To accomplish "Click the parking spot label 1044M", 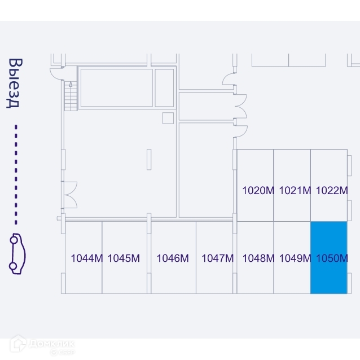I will coord(86,258).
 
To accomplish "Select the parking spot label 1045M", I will coord(124,258).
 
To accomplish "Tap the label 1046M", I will coord(173,258).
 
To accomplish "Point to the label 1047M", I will coord(217,258).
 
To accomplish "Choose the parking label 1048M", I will coord(258,258).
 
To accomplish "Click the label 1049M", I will coord(295,258).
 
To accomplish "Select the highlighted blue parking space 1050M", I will coord(328,257).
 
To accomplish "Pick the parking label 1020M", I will coord(258,190).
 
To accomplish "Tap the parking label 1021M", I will coord(295,190).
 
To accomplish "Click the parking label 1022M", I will coord(332,190).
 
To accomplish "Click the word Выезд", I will coord(15,83).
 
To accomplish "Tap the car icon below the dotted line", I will coord(16,254).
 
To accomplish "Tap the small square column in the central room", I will coord(168,117).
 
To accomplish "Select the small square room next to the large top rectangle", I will coord(164,87).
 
